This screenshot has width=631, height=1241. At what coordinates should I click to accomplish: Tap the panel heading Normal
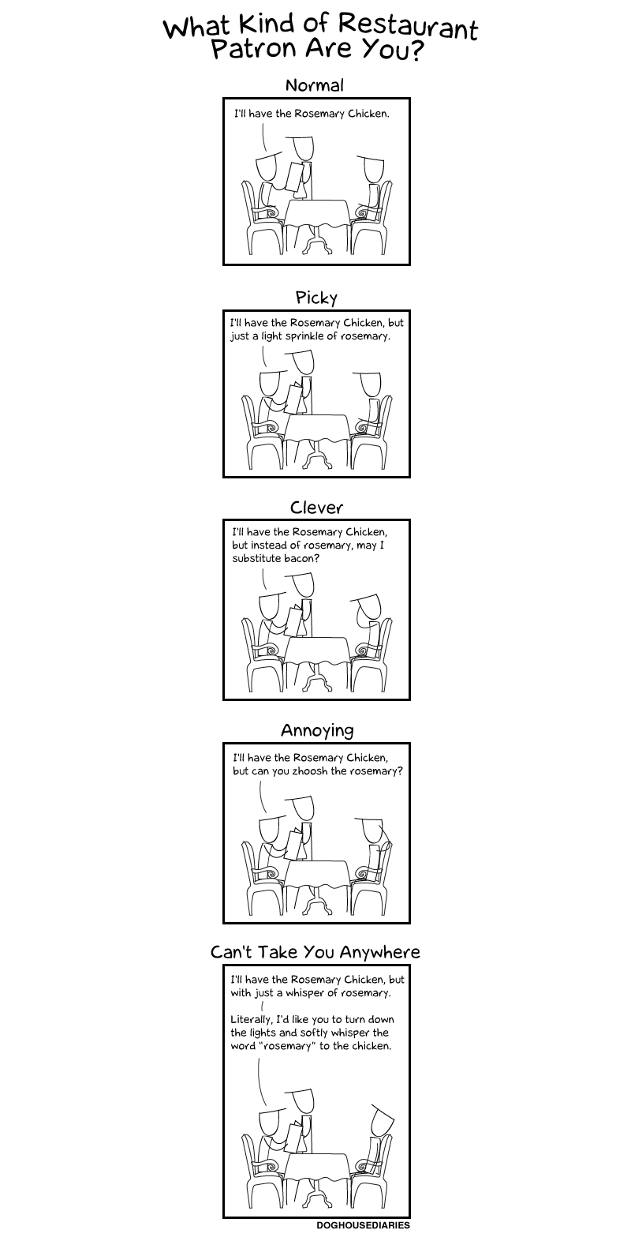pos(315,85)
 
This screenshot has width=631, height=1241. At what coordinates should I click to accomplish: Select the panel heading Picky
pos(316,298)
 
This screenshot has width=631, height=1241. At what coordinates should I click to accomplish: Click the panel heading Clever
pos(316,507)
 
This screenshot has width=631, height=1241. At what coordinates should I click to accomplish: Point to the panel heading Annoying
pos(316,730)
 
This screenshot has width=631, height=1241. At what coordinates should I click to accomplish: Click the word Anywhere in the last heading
pos(379,952)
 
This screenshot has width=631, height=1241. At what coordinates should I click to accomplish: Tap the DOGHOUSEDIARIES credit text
pos(363,1225)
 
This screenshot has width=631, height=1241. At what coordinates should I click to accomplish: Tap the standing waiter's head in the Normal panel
pos(303,148)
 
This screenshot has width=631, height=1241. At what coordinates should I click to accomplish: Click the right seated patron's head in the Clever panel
pos(369,608)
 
